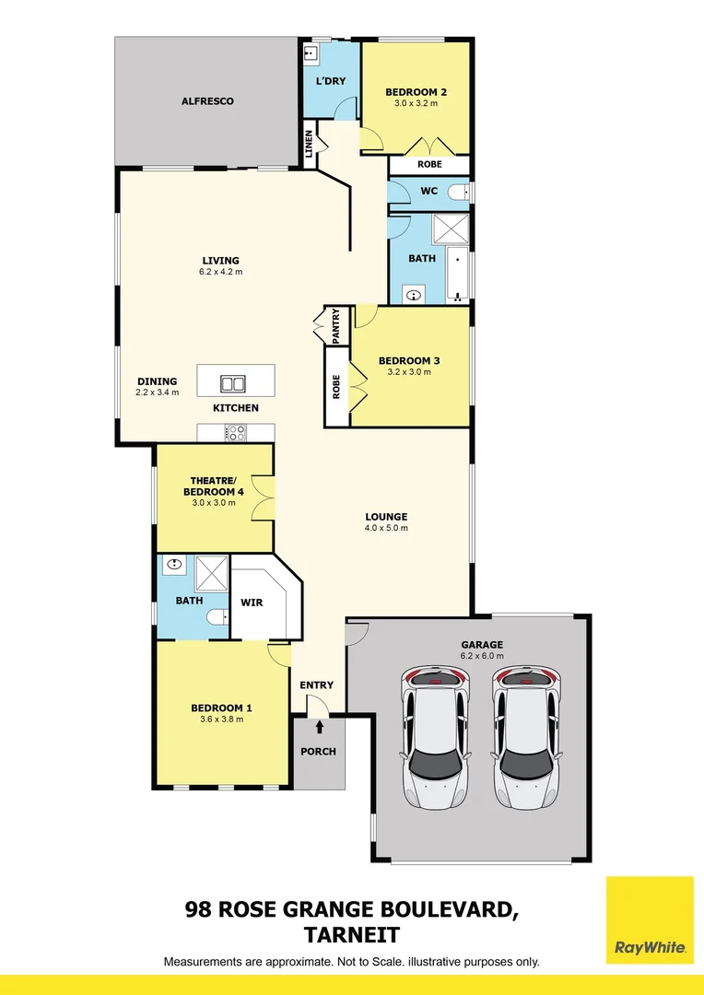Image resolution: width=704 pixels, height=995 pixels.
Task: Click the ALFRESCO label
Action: (207, 100)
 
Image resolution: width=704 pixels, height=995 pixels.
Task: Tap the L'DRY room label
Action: (331, 82)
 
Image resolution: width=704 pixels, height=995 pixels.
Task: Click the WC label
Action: (428, 192)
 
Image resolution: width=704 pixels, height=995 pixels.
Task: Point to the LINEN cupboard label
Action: (310, 146)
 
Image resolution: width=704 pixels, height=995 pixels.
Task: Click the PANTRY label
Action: (336, 326)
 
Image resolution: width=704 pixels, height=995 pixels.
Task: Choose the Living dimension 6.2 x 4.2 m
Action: (220, 272)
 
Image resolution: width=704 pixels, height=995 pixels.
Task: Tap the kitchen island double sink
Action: (233, 383)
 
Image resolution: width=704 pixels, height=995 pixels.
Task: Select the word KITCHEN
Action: (236, 407)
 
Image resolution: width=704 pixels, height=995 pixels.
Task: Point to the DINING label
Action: (157, 381)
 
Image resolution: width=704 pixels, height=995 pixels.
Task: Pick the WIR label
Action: (252, 603)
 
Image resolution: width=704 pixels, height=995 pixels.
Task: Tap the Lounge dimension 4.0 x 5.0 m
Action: (386, 528)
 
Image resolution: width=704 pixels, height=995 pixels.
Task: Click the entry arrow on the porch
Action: (320, 727)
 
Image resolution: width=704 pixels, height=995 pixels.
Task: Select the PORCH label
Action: (319, 751)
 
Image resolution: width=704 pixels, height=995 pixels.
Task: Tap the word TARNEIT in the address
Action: (352, 935)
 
